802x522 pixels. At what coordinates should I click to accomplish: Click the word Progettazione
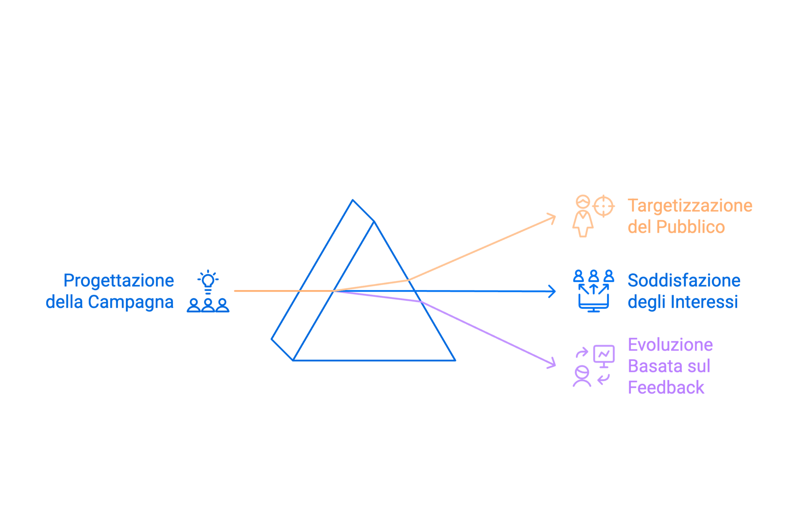119,281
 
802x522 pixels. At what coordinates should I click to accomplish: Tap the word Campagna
131,302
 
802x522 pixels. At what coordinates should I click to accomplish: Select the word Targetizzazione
690,206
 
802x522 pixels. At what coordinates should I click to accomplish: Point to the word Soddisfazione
684,281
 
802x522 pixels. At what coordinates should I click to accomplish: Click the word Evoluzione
671,345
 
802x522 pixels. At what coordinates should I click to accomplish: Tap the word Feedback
666,388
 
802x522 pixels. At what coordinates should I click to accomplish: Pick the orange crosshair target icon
603,206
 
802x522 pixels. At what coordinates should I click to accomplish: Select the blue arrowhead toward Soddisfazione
553,291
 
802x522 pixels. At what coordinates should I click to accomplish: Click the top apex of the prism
352,200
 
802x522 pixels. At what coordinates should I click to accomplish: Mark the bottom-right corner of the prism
455,361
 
